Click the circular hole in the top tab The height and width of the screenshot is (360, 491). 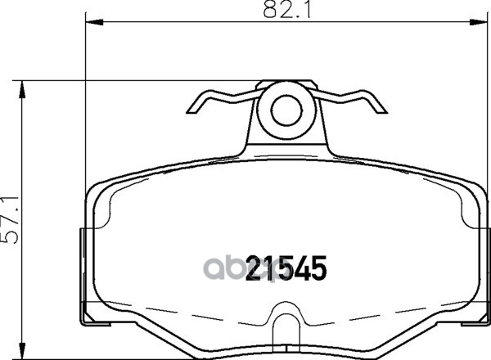pyautogui.click(x=286, y=110)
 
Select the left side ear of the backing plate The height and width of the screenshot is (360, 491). pyautogui.click(x=84, y=274)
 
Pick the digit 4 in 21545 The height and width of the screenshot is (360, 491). pyautogui.click(x=300, y=268)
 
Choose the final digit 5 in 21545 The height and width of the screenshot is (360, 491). pyautogui.click(x=318, y=268)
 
